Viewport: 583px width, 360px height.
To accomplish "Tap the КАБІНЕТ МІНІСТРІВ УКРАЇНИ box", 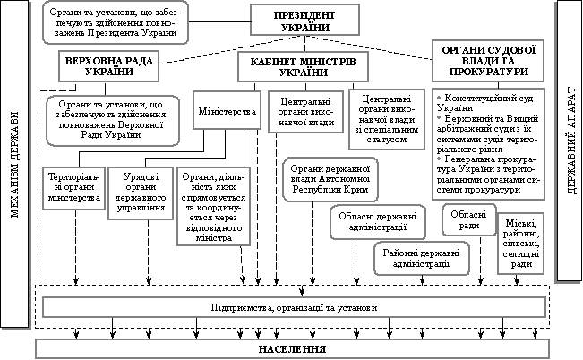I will (x=296, y=66).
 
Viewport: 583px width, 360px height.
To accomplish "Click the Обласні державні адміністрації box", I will (x=366, y=222).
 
